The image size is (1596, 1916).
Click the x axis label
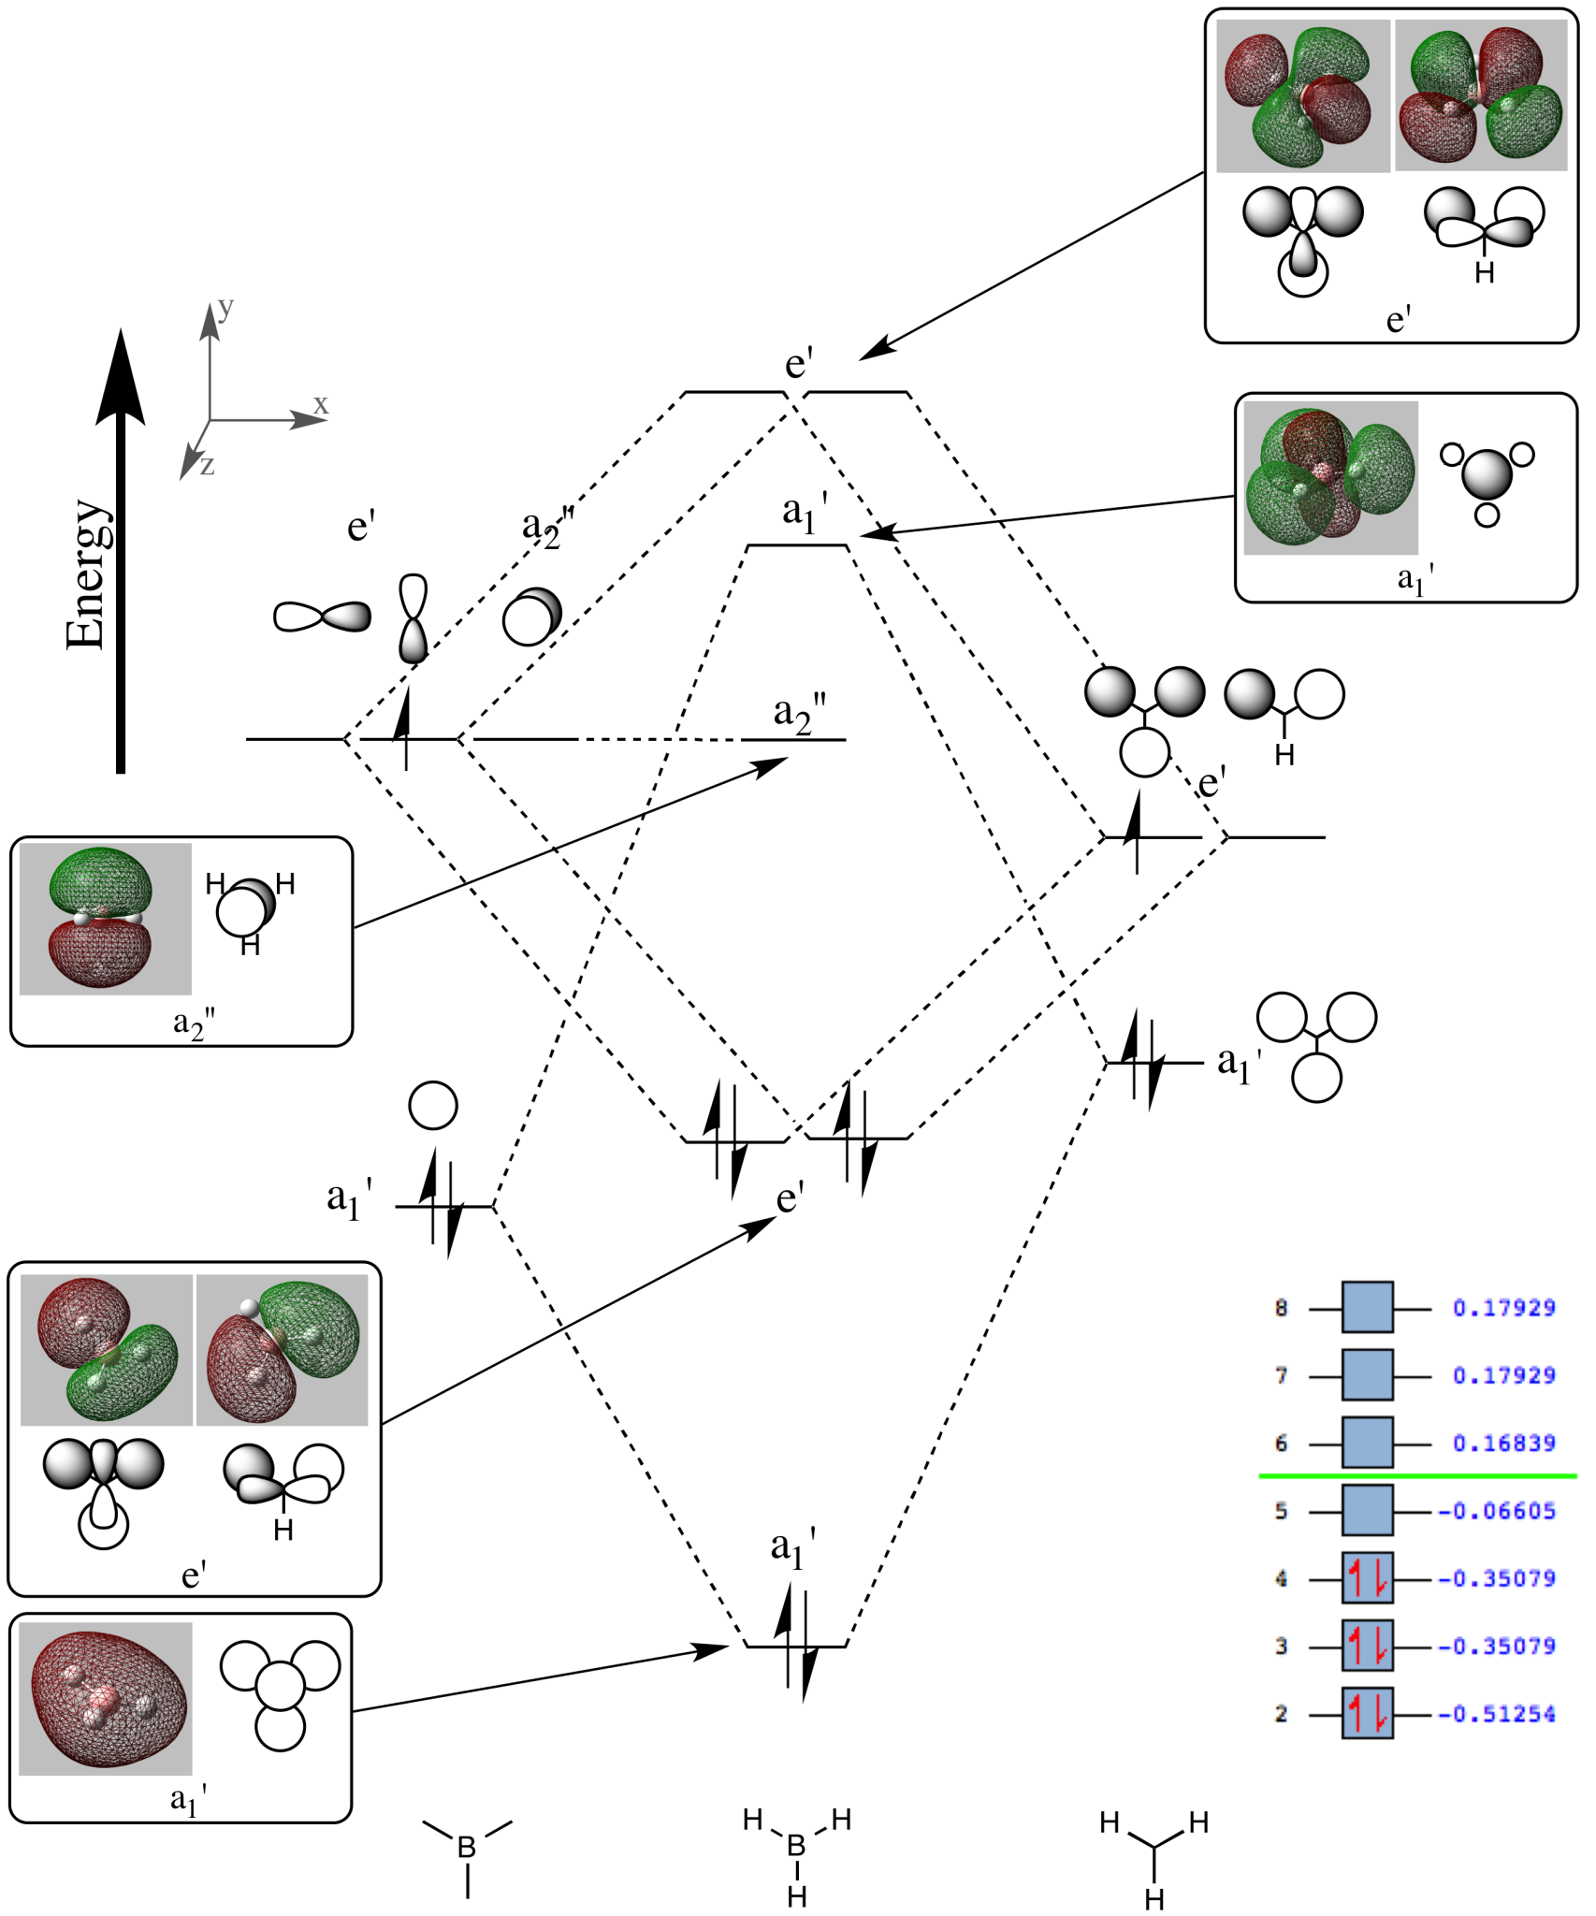[321, 405]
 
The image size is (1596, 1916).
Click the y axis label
[225, 308]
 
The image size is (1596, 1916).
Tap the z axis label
[207, 465]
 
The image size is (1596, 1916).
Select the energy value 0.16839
[1503, 1443]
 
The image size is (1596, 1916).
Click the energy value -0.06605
[1497, 1510]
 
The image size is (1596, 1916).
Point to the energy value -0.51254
[1497, 1713]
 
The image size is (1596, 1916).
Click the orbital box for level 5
[1367, 1510]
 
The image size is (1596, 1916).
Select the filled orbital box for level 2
[1367, 1713]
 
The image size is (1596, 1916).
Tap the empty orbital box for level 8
[1367, 1307]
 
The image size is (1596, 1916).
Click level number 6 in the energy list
[1281, 1443]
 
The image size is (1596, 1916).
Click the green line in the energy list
[1417, 1475]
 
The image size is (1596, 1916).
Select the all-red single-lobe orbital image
[106, 1699]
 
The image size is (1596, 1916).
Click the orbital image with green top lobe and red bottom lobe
[105, 919]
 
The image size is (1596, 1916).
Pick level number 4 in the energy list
[1281, 1578]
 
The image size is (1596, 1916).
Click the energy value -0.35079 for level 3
[1497, 1646]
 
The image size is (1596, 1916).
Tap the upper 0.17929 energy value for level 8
[1503, 1307]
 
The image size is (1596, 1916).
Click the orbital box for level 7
[1367, 1375]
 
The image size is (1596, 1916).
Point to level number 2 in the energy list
[1281, 1713]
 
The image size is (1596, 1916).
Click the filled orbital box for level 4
[1367, 1578]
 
